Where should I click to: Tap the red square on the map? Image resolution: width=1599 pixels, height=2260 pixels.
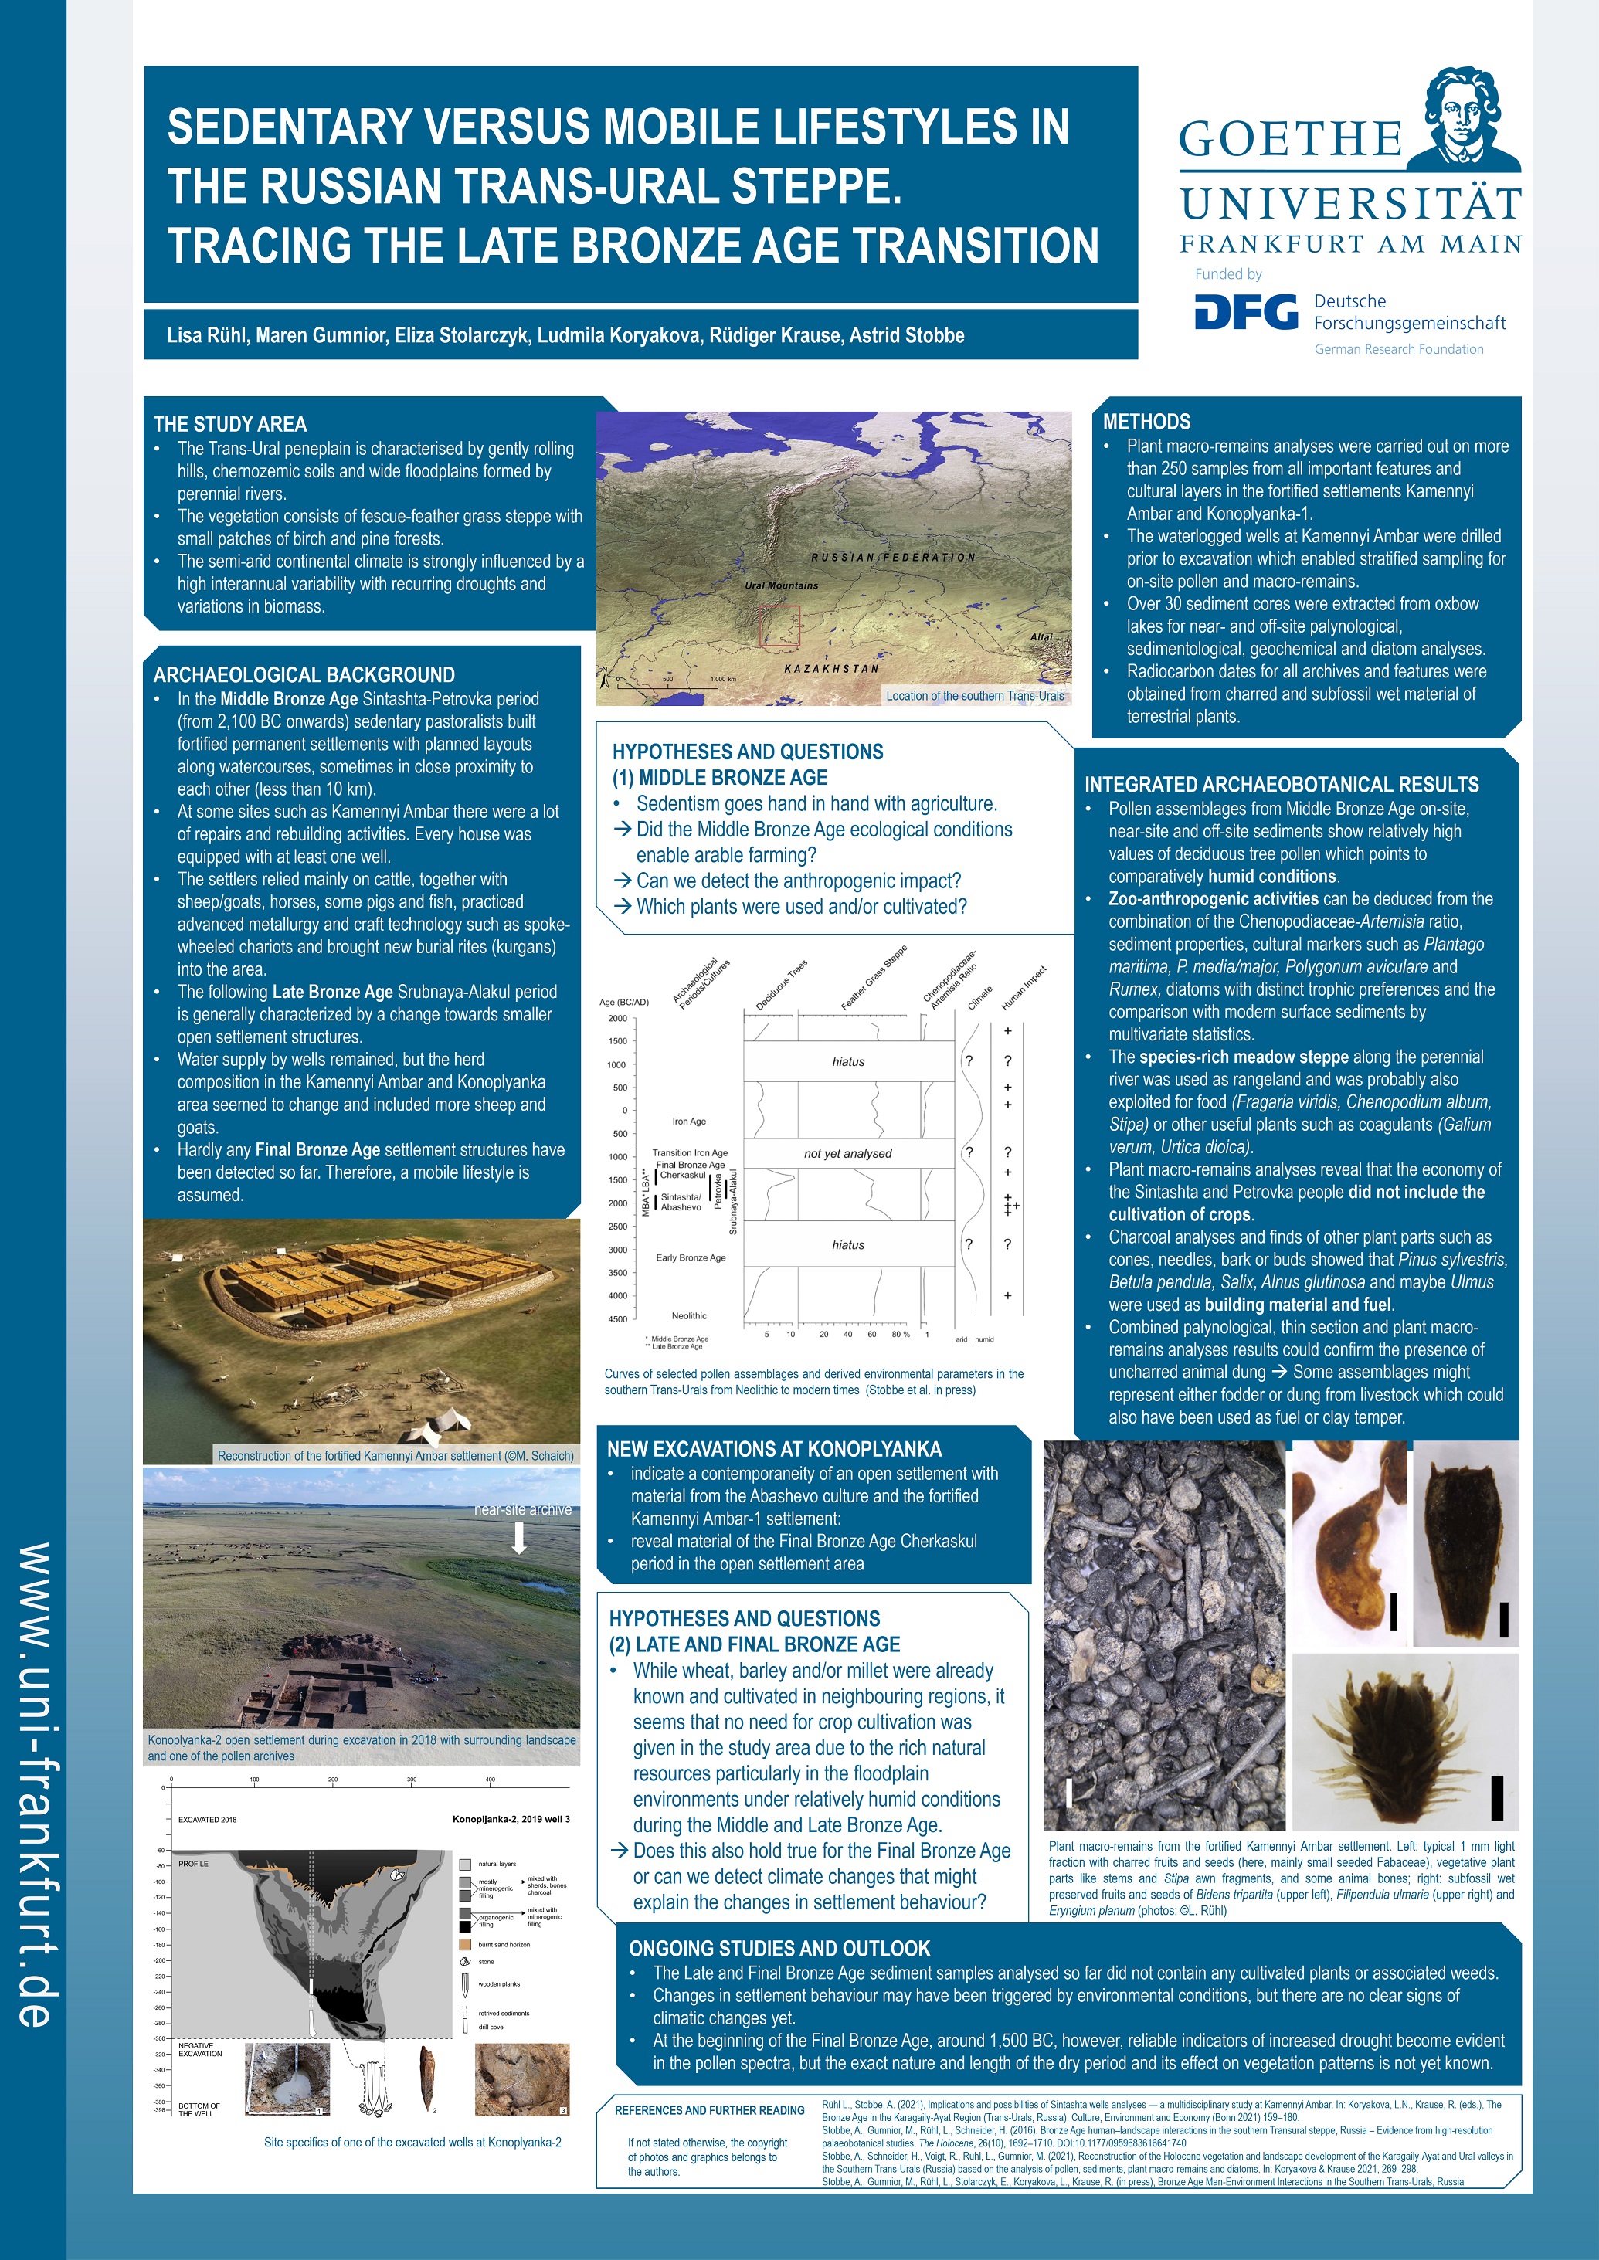pos(780,626)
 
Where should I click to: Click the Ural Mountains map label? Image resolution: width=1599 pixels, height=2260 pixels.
pos(781,585)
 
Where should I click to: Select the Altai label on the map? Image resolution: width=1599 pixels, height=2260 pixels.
pos(1041,637)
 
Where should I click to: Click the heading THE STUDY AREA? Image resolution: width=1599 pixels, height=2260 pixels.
pos(229,424)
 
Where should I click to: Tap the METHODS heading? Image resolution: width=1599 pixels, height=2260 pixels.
pos(1146,421)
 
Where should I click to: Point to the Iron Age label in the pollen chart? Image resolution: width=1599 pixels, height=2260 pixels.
pos(688,1122)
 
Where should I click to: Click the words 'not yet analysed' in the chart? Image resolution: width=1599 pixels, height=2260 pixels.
pos(847,1154)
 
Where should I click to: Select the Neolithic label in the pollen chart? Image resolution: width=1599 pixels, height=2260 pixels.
pos(689,1316)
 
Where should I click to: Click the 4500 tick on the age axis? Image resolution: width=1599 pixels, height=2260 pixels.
pos(617,1320)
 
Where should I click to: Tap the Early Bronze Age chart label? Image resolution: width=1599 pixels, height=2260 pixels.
pos(691,1258)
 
